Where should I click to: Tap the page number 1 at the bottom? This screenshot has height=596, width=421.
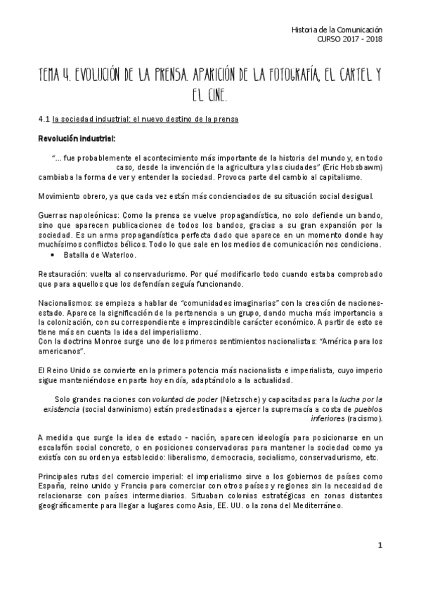click(380, 545)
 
